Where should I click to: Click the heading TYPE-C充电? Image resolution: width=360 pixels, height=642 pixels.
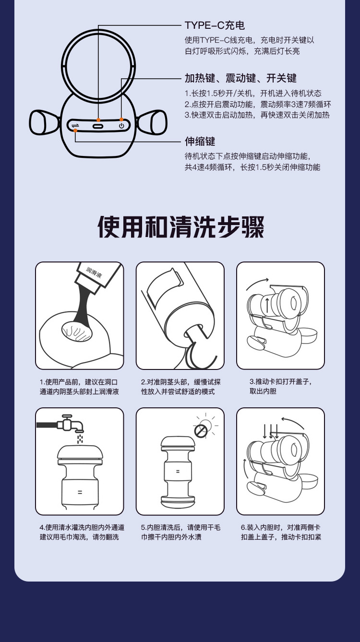tap(215, 25)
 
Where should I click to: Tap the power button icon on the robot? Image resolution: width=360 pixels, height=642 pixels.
tap(121, 126)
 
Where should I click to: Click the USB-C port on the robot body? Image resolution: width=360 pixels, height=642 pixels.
tap(98, 126)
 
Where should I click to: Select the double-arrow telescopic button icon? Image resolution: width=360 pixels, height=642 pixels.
tap(75, 125)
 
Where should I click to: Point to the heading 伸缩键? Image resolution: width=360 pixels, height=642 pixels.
tap(200, 141)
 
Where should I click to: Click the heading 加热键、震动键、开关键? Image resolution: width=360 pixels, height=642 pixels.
tap(240, 78)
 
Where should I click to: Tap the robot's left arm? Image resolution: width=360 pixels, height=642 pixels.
tap(44, 122)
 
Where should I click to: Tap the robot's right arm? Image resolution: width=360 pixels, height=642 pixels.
tap(152, 122)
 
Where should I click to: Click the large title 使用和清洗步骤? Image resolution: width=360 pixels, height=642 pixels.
tap(180, 226)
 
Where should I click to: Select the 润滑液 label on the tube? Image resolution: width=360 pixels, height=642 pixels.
tap(94, 272)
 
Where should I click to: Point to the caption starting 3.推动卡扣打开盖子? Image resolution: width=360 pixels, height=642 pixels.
tap(280, 386)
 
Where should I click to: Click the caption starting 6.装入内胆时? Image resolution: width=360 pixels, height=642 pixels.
tap(281, 532)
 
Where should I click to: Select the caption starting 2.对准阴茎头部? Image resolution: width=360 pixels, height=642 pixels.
tap(180, 387)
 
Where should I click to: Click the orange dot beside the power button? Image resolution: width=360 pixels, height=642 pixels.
tap(121, 119)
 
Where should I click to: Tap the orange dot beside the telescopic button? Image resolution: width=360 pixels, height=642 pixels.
tap(75, 131)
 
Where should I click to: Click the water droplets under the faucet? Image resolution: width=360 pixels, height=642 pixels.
tap(80, 439)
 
